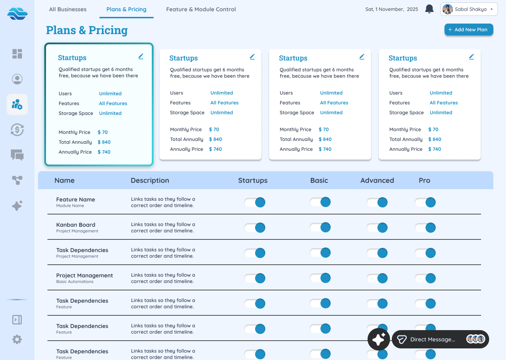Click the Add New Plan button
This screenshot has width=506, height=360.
click(468, 30)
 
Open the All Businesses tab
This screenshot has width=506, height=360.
click(68, 9)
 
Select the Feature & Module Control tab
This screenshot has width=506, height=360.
click(201, 9)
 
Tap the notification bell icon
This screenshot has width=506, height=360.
click(429, 9)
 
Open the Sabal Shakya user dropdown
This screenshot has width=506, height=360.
click(469, 9)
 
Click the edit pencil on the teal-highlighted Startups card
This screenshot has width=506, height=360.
click(141, 56)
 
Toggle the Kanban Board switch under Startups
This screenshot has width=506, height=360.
click(255, 227)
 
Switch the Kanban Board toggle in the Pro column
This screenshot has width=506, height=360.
click(426, 227)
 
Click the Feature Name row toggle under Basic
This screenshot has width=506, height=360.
click(320, 202)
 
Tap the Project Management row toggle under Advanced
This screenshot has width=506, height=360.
click(377, 278)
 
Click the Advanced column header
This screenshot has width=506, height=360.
click(377, 180)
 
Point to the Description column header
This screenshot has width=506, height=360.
click(150, 180)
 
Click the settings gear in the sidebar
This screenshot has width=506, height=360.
click(17, 339)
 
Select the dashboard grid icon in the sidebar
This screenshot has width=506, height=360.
click(17, 54)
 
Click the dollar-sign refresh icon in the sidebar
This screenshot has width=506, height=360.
click(17, 130)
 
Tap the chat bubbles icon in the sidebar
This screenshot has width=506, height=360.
click(17, 155)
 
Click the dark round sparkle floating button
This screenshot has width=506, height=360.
click(378, 339)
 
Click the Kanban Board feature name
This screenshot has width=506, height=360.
click(76, 225)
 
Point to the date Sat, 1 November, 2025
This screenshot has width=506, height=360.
click(391, 9)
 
